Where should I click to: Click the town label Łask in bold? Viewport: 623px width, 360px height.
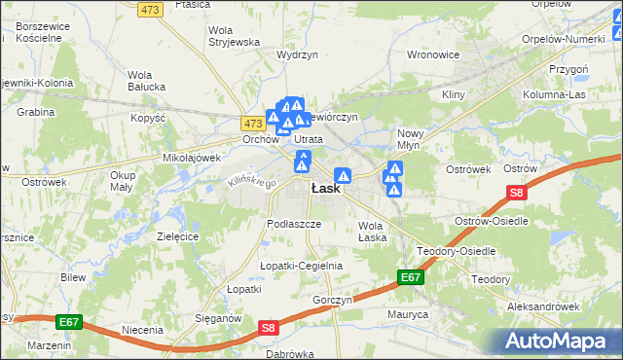[x=325, y=189]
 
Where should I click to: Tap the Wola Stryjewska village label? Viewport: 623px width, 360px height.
[x=234, y=36]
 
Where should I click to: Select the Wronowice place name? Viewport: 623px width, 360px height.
[x=432, y=54]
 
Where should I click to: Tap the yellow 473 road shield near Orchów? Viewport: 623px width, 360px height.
[x=253, y=124]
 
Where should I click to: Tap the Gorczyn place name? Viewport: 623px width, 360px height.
[x=332, y=300]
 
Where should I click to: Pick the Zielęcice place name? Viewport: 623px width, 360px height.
[x=177, y=236]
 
